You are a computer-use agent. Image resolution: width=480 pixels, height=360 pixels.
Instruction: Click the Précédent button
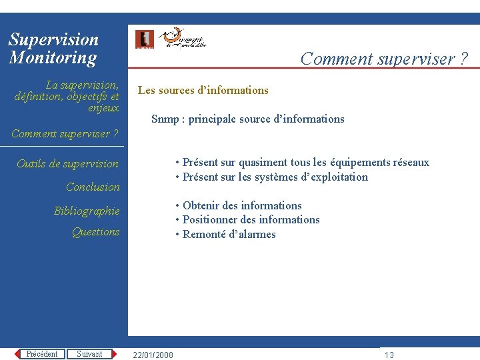tap(41, 354)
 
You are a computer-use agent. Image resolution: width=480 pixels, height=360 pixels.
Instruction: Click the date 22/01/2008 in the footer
tap(153, 355)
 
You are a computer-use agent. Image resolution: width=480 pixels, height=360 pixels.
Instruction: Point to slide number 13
tap(389, 355)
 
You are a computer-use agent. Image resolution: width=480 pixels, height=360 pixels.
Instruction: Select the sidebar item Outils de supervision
tap(67, 164)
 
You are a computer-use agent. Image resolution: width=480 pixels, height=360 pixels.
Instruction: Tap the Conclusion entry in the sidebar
tap(93, 187)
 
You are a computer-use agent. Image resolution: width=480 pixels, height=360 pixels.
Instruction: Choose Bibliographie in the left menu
tap(87, 211)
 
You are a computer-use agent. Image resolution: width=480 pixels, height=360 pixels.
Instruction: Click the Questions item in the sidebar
tap(96, 232)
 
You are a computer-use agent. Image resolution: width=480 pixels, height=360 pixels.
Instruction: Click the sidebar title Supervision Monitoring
tap(53, 49)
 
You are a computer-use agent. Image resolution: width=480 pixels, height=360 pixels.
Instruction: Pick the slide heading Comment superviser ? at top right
tap(384, 59)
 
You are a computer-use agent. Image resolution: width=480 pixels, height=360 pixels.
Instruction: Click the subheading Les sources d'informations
tap(203, 91)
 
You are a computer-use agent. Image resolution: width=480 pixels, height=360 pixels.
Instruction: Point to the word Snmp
tap(165, 119)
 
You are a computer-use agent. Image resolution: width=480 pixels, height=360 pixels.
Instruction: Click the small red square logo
tap(144, 39)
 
